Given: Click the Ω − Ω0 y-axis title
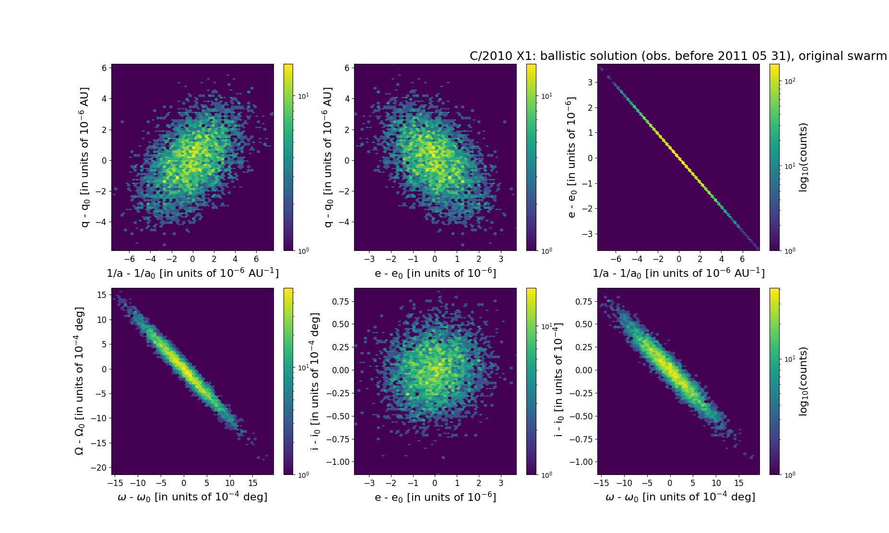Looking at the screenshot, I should point(80,381).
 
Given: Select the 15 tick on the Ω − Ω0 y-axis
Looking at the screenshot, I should point(102,295).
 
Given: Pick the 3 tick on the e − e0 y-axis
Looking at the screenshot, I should point(589,82).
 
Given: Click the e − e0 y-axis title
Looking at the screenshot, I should point(570,157).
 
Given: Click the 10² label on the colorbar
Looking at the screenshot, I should point(790,82).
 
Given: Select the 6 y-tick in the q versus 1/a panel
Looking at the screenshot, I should point(104,68).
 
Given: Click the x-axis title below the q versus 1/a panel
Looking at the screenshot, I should point(192,273).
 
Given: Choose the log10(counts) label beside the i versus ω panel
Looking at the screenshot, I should point(804,381).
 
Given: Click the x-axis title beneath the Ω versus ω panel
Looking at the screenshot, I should point(192,497).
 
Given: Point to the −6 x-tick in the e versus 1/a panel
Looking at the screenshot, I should point(616,260).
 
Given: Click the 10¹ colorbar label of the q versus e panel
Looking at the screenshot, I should point(546,96).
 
